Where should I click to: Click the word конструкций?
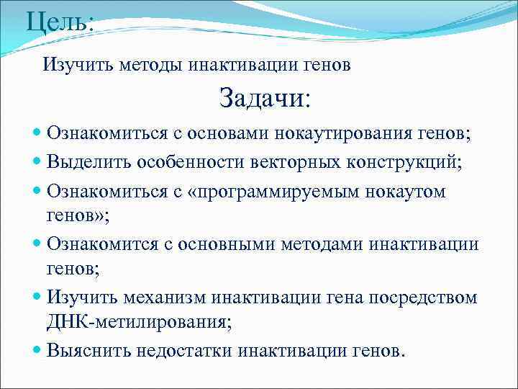point(401,162)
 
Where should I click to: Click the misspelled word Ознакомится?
point(99,245)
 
